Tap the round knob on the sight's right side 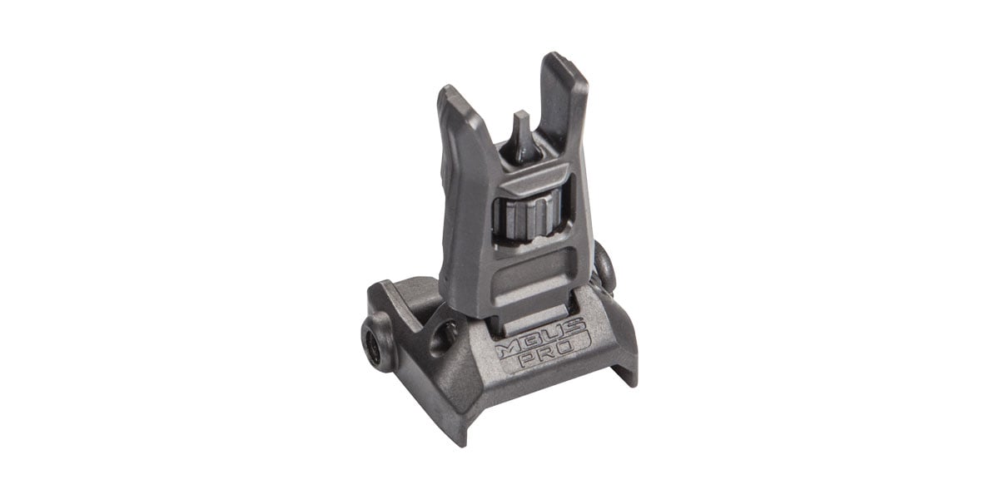pyautogui.click(x=606, y=269)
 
